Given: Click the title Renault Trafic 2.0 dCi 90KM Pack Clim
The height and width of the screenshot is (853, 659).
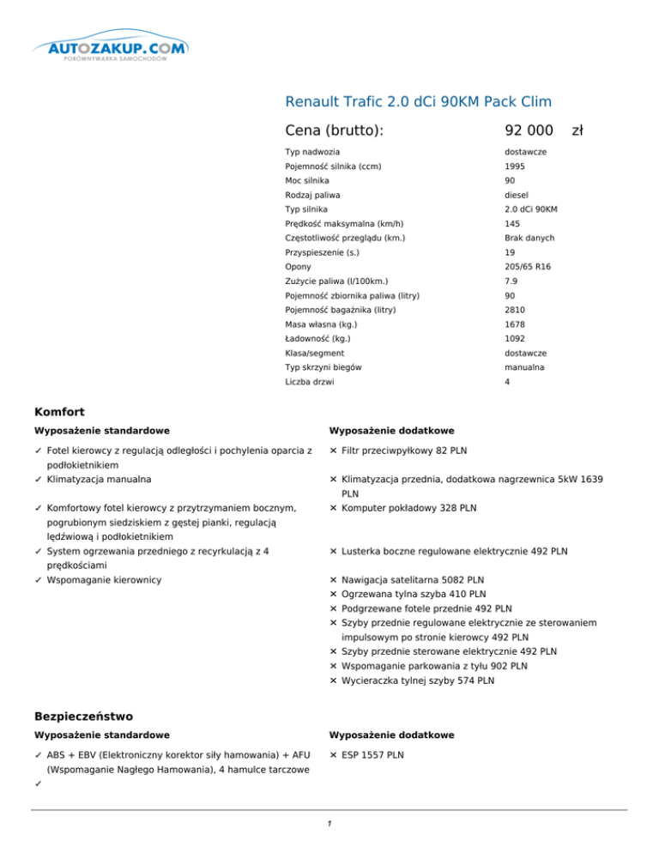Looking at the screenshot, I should tap(417, 101).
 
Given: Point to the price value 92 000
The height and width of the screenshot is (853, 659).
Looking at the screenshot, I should tap(529, 130).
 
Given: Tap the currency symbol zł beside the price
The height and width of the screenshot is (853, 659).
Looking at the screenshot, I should tap(577, 130).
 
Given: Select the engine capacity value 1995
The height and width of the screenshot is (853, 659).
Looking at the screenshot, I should tap(515, 166).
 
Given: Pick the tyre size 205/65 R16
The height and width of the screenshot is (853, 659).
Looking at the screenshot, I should tap(528, 267).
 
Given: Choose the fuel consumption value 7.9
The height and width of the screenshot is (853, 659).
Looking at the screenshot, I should tap(511, 281).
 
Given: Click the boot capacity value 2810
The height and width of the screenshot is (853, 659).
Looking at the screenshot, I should tap(515, 310).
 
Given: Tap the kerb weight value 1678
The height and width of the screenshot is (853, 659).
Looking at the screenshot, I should tap(515, 324).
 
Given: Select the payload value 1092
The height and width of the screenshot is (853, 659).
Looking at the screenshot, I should tap(515, 339).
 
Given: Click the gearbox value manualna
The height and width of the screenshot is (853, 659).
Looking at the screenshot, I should tap(525, 367).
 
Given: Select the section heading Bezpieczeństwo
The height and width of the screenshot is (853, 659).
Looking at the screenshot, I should tap(84, 715).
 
